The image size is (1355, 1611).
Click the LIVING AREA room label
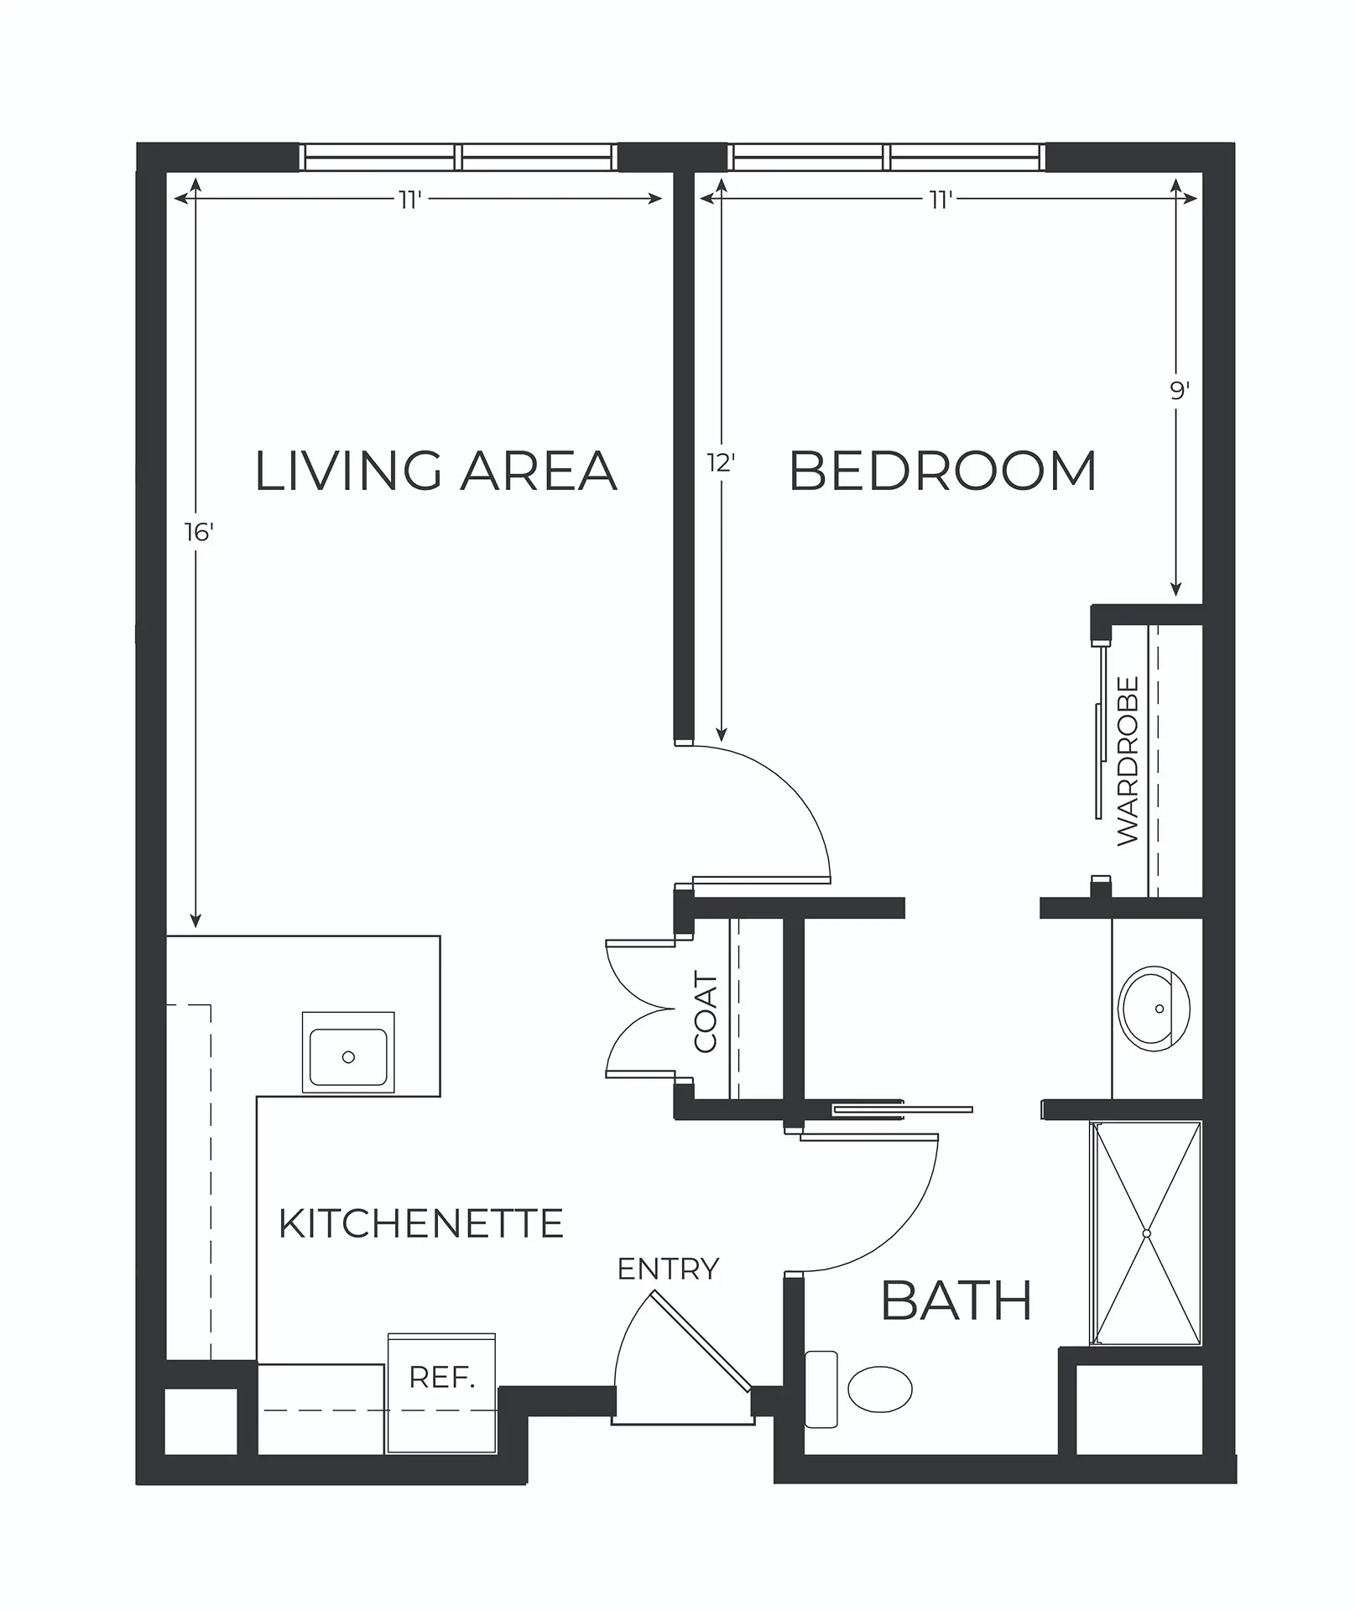click(435, 471)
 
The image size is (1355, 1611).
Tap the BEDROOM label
click(943, 471)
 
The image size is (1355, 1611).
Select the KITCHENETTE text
click(420, 1224)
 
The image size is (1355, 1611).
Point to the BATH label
click(956, 1301)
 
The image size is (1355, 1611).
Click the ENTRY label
click(668, 1270)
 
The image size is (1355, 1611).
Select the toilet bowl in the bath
click(879, 1389)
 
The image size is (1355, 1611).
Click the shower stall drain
click(1146, 1233)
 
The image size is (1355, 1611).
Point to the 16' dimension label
click(200, 532)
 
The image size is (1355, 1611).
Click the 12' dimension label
click(721, 462)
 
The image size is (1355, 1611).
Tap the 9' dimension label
click(1180, 391)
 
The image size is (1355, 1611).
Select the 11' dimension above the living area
click(409, 199)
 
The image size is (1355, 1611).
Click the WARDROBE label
click(1128, 761)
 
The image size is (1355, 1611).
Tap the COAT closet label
click(706, 1012)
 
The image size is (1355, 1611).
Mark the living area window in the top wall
click(458, 158)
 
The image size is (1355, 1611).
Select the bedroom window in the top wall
click(887, 158)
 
